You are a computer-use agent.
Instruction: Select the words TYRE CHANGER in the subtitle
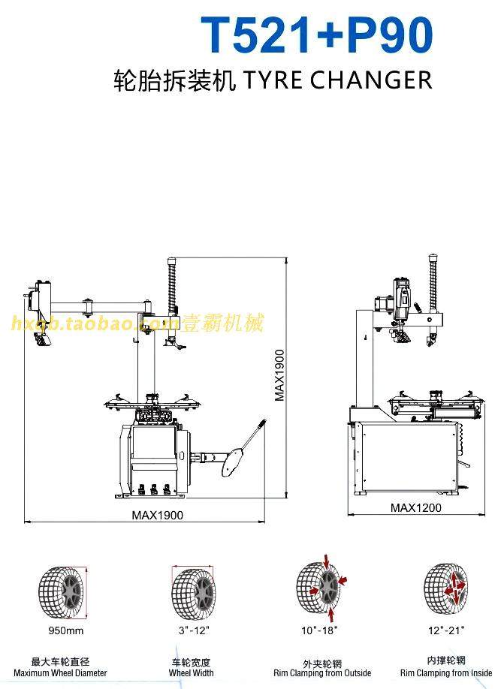[x=335, y=80]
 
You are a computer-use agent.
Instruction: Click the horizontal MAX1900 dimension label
[x=157, y=515]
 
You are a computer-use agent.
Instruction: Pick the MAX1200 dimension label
[x=415, y=507]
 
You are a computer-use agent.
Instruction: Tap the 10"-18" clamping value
[x=320, y=630]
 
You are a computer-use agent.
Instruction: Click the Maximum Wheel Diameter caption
[x=60, y=672]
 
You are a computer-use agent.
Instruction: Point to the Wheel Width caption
[x=191, y=672]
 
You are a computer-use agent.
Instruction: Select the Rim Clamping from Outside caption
[x=322, y=672]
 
